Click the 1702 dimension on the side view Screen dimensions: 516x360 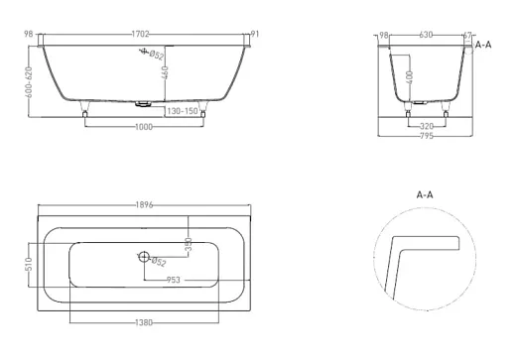(141, 34)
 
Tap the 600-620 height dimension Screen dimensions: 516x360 (29, 82)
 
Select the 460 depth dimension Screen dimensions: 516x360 (165, 72)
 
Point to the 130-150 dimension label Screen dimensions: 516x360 (183, 111)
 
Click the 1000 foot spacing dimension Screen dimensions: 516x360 (144, 127)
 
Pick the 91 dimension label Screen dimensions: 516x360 (255, 34)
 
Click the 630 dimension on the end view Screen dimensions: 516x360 (426, 35)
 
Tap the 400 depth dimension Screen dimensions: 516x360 (410, 77)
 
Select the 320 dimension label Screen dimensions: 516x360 (427, 126)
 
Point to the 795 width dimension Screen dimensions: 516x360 (427, 136)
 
